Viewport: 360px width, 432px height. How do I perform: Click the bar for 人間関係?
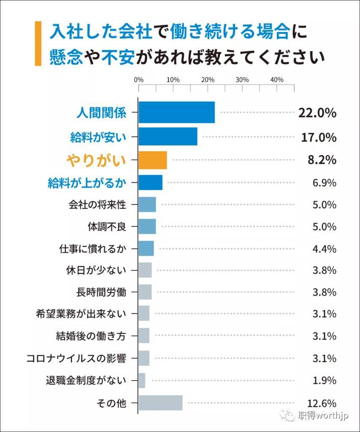point(176,112)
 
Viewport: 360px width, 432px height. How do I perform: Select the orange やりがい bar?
point(153,160)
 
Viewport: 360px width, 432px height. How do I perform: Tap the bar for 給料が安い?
point(168,136)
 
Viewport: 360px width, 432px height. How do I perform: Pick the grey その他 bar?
point(160,403)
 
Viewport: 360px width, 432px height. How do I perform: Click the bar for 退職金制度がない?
point(142,381)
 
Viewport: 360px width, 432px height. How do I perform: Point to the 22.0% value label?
point(317,113)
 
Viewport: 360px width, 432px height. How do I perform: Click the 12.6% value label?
point(322,403)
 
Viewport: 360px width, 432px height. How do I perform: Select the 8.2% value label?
point(322,160)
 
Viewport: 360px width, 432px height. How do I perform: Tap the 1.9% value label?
point(325,381)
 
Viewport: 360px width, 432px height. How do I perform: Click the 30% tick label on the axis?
point(242,80)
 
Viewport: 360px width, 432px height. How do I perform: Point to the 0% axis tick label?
point(139,80)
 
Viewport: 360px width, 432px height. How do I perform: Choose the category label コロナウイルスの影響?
point(76,359)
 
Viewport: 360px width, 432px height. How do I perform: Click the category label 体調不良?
point(107,227)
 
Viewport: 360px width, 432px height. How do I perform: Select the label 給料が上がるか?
point(87,183)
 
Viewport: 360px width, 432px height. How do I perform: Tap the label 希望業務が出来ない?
point(81,313)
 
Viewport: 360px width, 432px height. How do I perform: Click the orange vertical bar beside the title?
point(38,43)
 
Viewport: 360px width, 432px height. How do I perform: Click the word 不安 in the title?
point(118,57)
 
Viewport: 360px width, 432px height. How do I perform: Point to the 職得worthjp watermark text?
point(323,415)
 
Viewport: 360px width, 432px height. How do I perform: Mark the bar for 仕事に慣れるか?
point(146,248)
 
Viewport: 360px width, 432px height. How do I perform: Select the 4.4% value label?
point(325,249)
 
